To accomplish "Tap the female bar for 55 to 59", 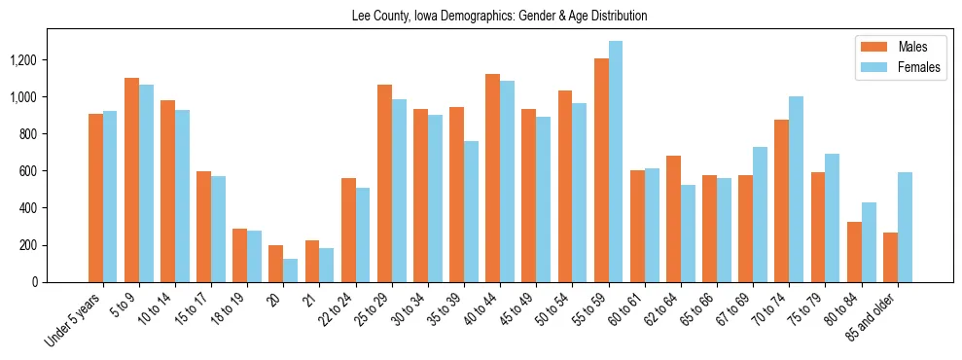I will [x=616, y=162].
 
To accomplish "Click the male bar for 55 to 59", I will [x=601, y=170].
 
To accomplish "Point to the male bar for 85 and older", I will [x=890, y=257].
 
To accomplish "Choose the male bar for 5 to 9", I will [x=131, y=180].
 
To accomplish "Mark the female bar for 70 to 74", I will [x=797, y=189].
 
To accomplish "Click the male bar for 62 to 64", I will [x=673, y=219].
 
